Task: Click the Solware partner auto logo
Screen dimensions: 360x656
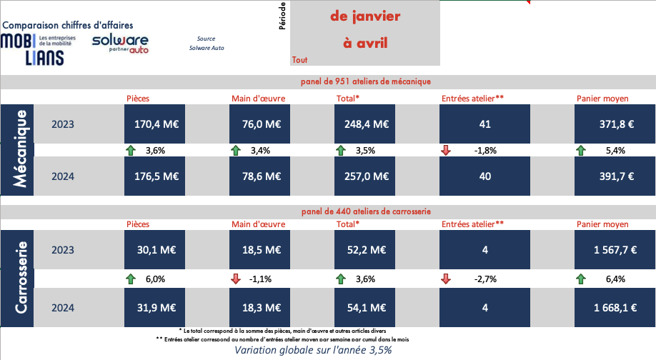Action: (120, 44)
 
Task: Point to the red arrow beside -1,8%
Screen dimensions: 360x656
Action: (446, 150)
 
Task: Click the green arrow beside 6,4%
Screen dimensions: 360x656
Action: (581, 278)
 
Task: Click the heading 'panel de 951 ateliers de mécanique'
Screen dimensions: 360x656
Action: (365, 82)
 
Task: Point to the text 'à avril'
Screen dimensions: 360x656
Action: (365, 44)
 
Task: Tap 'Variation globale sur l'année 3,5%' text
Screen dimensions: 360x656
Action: (313, 351)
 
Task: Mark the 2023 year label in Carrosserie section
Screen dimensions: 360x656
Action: (63, 249)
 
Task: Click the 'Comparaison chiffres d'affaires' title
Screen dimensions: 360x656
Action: (68, 24)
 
